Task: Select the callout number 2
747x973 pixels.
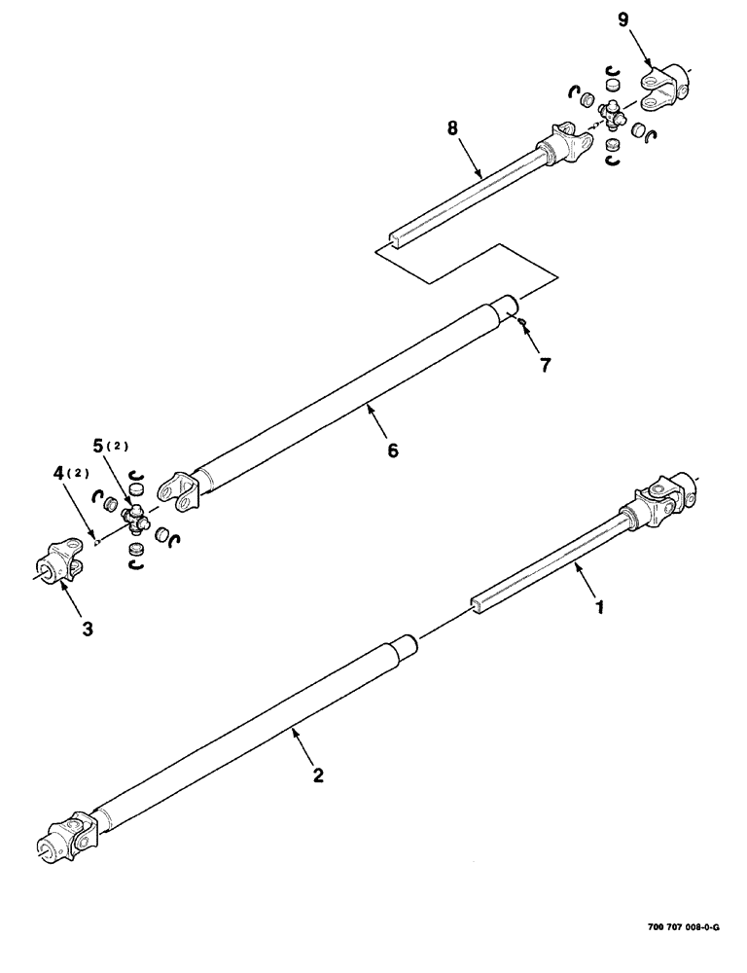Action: (x=317, y=775)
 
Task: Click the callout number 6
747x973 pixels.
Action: (x=393, y=450)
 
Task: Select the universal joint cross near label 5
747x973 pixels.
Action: (x=137, y=523)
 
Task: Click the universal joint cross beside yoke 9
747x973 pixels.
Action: (x=613, y=116)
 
